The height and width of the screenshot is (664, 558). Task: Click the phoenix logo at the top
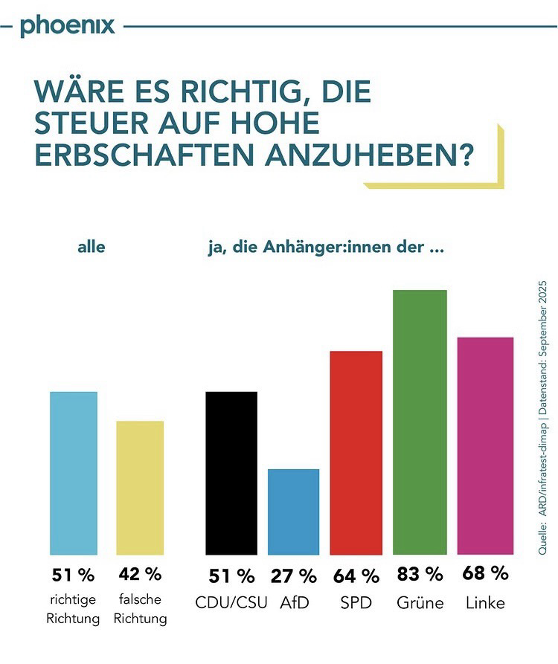(x=68, y=25)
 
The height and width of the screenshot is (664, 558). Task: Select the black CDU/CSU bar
(x=231, y=472)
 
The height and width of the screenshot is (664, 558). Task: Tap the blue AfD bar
(x=294, y=512)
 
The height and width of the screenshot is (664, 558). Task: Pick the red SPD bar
(x=356, y=452)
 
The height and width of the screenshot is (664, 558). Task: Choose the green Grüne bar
(x=420, y=422)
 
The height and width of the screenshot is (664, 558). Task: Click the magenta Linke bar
(x=484, y=445)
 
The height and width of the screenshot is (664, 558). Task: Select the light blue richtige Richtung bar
(x=74, y=472)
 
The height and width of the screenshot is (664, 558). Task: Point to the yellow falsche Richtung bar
(x=140, y=487)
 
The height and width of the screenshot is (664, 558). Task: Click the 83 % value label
(x=420, y=574)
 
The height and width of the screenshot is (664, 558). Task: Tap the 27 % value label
(x=294, y=576)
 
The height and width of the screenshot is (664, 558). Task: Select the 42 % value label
(x=140, y=575)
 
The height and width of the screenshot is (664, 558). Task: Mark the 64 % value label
(x=356, y=576)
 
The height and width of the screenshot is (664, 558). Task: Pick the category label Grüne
(x=420, y=602)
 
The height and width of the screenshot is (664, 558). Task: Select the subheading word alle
(x=91, y=248)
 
